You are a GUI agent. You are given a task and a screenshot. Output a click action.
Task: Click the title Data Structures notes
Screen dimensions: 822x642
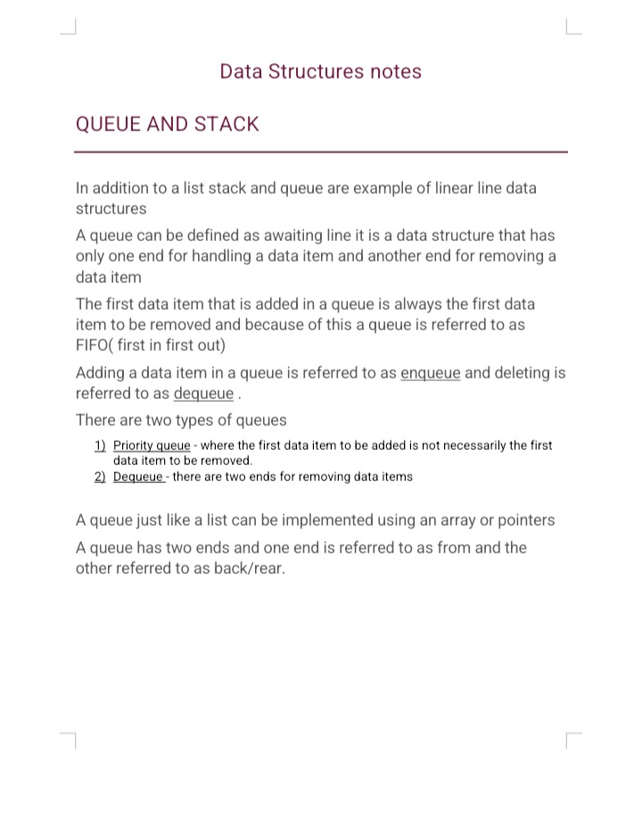(321, 72)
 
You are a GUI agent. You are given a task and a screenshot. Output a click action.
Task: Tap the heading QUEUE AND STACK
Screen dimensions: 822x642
(168, 124)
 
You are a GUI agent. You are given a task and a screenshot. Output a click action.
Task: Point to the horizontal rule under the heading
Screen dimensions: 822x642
(321, 152)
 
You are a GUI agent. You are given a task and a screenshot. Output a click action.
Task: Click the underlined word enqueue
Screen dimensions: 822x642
(431, 373)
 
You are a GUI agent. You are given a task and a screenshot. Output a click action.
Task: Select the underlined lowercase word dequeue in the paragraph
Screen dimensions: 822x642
(203, 394)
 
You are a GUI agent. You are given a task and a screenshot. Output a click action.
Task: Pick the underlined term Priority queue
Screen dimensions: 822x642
(152, 444)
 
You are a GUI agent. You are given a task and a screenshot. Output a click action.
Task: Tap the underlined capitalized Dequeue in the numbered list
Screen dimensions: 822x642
(138, 477)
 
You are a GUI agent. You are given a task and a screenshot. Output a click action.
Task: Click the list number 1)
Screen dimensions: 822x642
(100, 444)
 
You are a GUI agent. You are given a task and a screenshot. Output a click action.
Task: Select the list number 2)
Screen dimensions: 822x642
(100, 477)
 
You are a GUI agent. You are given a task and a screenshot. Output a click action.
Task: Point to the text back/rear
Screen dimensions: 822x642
(249, 569)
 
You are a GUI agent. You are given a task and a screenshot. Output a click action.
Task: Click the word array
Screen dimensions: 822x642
(436, 519)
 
